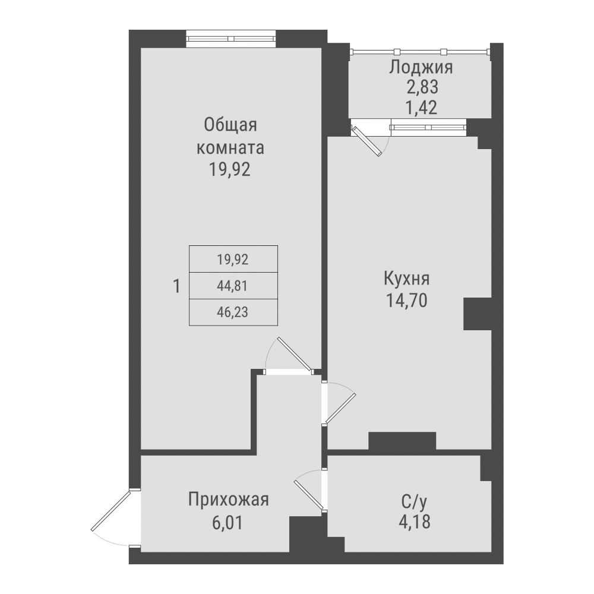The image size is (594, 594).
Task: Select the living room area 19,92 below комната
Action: [x=230, y=170]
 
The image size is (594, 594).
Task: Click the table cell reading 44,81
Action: [x=232, y=286]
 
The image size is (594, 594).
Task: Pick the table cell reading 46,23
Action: [x=232, y=312]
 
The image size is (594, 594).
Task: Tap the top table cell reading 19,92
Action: [x=232, y=259]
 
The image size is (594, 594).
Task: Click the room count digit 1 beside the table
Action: [x=176, y=286]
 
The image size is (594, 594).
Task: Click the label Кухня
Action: [x=407, y=279]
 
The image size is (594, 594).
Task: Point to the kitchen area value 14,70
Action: [x=407, y=301]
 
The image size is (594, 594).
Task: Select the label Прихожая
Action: [x=229, y=500]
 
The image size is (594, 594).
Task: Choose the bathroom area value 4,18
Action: [x=414, y=523]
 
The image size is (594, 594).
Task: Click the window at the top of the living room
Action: [x=231, y=39]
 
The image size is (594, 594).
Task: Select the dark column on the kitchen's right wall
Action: [x=477, y=313]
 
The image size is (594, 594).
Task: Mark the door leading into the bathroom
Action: [x=310, y=491]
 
